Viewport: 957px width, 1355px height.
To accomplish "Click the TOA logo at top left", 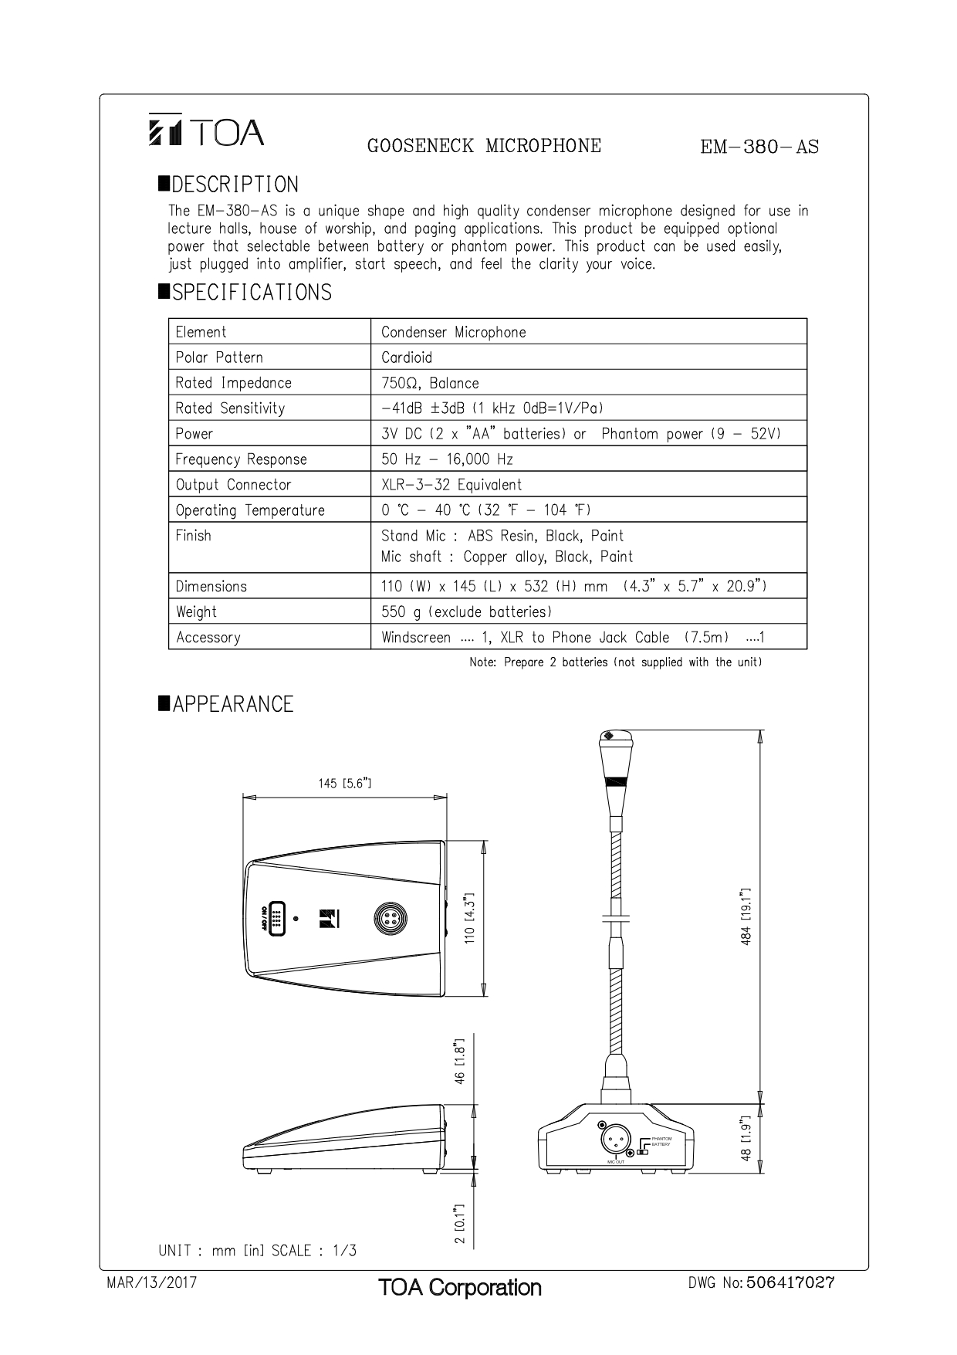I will pyautogui.click(x=206, y=132).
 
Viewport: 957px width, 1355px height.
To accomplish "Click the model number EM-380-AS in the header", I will pyautogui.click(x=759, y=147).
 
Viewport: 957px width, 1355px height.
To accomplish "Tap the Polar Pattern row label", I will pyautogui.click(x=219, y=357).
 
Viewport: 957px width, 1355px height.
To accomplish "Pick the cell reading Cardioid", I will pyautogui.click(x=407, y=357).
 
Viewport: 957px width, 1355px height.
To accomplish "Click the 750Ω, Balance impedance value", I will pyautogui.click(x=430, y=383).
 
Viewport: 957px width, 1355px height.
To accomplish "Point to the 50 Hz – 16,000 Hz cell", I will pyautogui.click(x=447, y=459).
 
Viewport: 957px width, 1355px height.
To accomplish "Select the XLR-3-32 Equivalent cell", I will pyautogui.click(x=451, y=485).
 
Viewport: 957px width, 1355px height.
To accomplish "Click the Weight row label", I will pyautogui.click(x=196, y=612).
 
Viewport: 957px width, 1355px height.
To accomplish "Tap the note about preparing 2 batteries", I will pyautogui.click(x=615, y=662).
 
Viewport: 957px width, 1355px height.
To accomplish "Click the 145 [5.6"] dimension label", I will pyautogui.click(x=345, y=784).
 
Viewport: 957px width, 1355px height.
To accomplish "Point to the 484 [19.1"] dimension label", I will pyautogui.click(x=746, y=917).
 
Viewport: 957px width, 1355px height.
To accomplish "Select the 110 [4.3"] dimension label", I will pyautogui.click(x=469, y=919).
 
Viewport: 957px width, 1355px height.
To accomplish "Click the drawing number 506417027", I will pyautogui.click(x=791, y=1283).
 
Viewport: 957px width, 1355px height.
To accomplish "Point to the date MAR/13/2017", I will pyautogui.click(x=151, y=1283).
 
